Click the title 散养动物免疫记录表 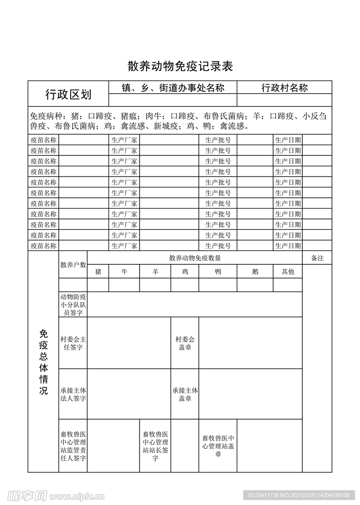(180, 66)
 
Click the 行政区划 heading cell (68, 94)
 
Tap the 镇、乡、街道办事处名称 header (173, 88)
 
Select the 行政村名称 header (285, 88)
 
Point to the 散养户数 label (73, 265)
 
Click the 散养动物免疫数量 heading (195, 258)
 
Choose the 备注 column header (317, 258)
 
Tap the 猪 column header (98, 272)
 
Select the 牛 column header (124, 272)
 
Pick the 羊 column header (155, 272)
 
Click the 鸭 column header (218, 272)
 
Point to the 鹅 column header (255, 272)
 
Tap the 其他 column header (288, 272)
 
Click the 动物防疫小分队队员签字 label (73, 305)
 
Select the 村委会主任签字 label (73, 343)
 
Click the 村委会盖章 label (185, 343)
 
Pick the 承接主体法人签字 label (73, 395)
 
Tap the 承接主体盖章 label (185, 395)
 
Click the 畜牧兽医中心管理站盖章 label (218, 446)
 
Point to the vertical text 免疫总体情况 (43, 362)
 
